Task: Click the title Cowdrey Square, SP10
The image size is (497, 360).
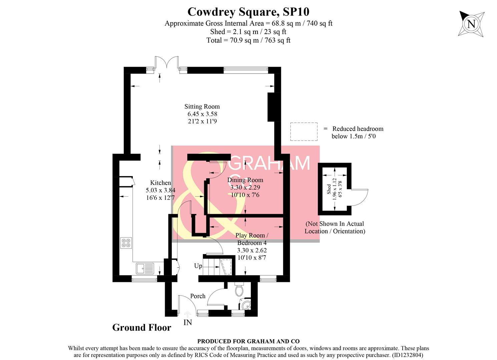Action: tap(248, 12)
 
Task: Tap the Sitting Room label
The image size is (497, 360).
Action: tap(202, 107)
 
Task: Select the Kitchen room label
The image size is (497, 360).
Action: tap(160, 183)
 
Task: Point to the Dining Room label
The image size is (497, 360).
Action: tap(245, 180)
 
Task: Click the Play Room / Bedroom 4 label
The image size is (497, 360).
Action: tap(252, 239)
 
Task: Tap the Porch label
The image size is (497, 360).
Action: tap(198, 296)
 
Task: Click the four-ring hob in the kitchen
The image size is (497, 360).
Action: tap(126, 243)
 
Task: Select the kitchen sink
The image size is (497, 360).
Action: tap(144, 268)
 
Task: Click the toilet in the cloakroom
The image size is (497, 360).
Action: tap(239, 290)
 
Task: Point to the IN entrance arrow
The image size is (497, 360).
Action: tap(187, 314)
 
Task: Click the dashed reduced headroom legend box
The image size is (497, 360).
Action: tap(304, 132)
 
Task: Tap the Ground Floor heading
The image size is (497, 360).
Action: tap(142, 328)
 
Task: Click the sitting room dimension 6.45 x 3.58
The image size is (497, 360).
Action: tap(202, 114)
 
